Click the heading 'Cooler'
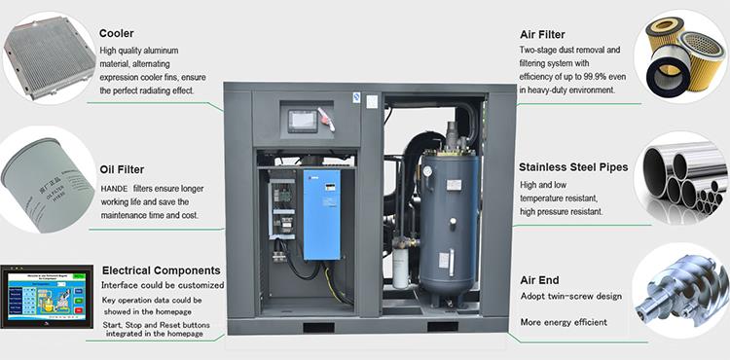click(x=117, y=33)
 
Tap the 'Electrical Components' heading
click(x=161, y=270)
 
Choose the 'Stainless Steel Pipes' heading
click(x=573, y=166)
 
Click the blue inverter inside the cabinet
click(x=321, y=214)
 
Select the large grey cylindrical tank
click(x=449, y=214)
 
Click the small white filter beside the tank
click(x=400, y=268)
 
